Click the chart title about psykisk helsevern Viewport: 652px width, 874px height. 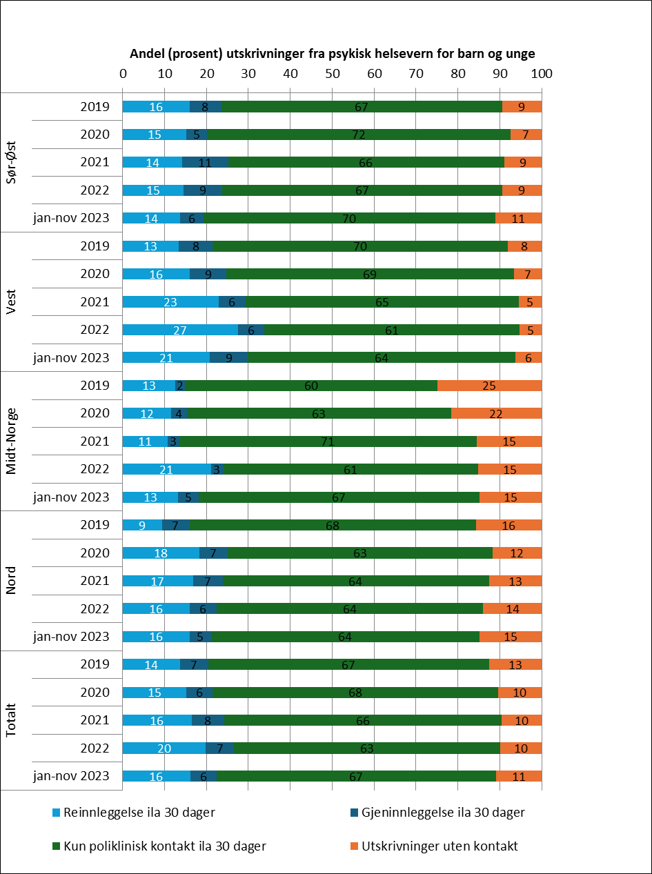coord(333,54)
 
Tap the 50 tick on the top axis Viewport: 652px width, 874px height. coord(333,72)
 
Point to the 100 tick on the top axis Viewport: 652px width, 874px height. coord(542,72)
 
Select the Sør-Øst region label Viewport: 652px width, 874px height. coord(12,162)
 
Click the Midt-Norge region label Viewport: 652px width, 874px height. coord(12,441)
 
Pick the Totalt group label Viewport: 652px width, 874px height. coord(12,719)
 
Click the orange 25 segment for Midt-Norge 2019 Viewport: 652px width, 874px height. coord(489,385)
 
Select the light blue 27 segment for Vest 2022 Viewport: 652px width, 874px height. coord(180,330)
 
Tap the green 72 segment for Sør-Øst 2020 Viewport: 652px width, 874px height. coord(358,135)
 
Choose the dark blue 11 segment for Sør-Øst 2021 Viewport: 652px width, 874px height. coord(205,162)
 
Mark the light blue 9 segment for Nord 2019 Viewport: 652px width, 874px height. coord(142,525)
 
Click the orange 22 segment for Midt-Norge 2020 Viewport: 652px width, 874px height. coord(496,413)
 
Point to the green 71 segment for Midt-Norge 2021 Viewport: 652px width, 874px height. coord(328,441)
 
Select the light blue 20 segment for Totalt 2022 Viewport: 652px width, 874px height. coord(164,748)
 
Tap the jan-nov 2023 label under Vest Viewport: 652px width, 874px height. coord(71,357)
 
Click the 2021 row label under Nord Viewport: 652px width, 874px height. coord(95,581)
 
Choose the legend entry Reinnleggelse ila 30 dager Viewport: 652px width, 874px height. coord(139,813)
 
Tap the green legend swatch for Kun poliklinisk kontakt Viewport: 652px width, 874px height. coord(57,846)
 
